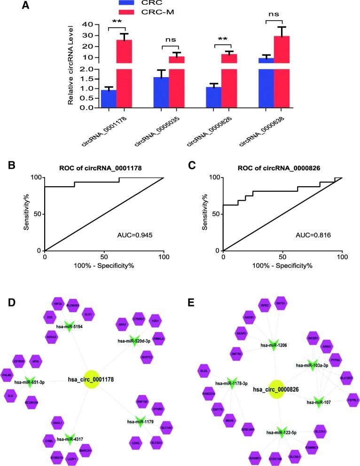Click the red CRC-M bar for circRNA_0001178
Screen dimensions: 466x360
tap(124, 71)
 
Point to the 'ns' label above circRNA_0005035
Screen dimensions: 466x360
tap(176, 40)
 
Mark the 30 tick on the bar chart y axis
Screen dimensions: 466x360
tap(86, 35)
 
